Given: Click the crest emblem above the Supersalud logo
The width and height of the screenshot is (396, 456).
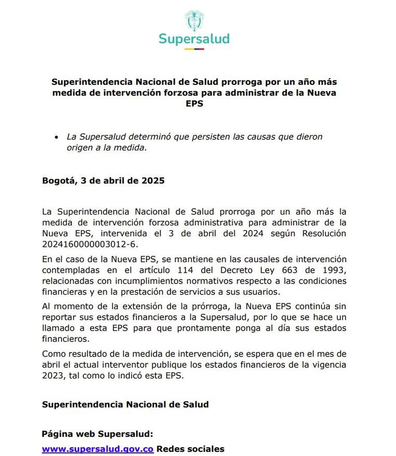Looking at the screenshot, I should click(194, 21).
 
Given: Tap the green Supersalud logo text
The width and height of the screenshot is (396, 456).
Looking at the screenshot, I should click(194, 39).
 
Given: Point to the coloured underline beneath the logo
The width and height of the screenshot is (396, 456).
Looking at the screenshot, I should click(194, 49).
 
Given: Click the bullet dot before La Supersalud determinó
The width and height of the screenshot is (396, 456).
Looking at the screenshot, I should click(57, 137).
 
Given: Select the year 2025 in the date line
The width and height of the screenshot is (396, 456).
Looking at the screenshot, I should click(153, 181).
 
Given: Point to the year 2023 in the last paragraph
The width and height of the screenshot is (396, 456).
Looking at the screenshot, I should click(52, 375).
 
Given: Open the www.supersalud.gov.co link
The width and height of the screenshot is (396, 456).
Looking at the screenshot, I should click(97, 449).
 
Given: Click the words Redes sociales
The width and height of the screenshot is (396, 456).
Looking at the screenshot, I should click(190, 449).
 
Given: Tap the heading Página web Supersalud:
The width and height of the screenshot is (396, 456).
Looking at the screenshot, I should click(97, 434).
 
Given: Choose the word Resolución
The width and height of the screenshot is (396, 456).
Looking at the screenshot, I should click(322, 233).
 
